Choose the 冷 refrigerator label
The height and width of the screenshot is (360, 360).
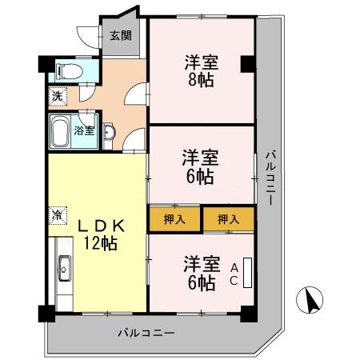pyautogui.click(x=58, y=214)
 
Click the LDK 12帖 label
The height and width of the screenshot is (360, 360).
pyautogui.click(x=98, y=234)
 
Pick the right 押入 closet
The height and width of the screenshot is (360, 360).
pyautogui.click(x=228, y=218)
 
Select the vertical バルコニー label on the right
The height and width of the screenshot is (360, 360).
pyautogui.click(x=271, y=176)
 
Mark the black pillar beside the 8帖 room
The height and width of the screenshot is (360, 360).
pyautogui.click(x=249, y=63)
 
